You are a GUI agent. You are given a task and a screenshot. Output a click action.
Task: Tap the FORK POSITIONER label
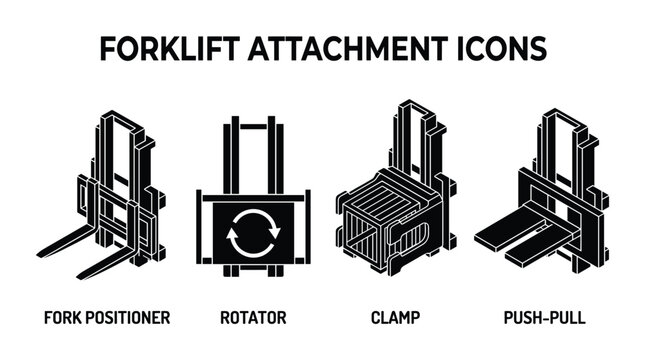pyautogui.click(x=106, y=318)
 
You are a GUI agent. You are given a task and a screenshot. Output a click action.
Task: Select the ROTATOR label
pyautogui.click(x=253, y=318)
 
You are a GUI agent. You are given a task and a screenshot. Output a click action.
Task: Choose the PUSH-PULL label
pyautogui.click(x=545, y=318)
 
